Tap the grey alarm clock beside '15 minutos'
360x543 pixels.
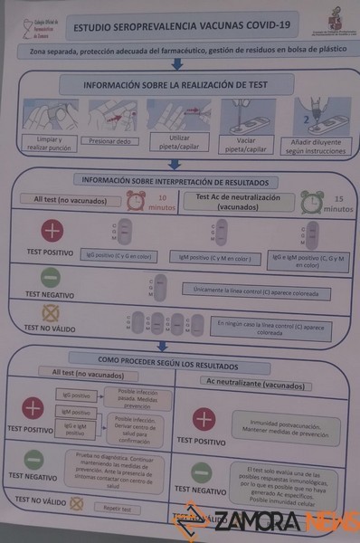click(312, 201)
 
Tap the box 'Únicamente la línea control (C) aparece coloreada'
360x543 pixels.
click(257, 292)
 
